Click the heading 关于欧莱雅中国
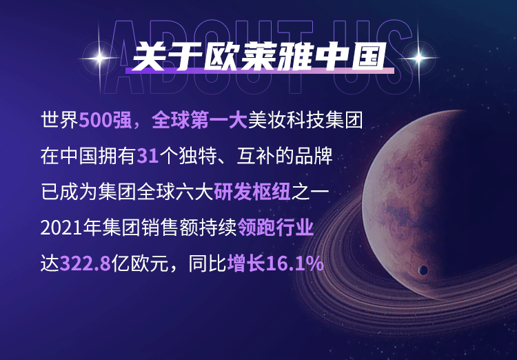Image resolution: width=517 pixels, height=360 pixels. [x=259, y=57]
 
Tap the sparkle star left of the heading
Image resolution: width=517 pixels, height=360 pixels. [x=99, y=59]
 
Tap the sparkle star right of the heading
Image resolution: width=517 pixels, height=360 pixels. [x=418, y=58]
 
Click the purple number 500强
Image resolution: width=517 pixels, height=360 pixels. [x=105, y=120]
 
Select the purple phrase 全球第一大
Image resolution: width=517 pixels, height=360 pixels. [x=199, y=120]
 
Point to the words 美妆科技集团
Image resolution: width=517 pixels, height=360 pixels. [x=305, y=120]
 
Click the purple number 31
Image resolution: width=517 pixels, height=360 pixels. [x=148, y=156]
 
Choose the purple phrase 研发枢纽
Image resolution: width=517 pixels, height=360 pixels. [x=252, y=192]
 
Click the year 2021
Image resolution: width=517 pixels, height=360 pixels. [x=61, y=228]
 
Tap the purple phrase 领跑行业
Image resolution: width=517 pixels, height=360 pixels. [x=275, y=228]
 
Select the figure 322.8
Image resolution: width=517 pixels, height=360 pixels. [x=85, y=264]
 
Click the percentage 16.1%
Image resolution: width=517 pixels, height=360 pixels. [x=295, y=264]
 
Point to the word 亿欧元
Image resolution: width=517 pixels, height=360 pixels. [x=140, y=263]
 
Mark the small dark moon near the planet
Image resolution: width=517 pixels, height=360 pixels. [x=423, y=270]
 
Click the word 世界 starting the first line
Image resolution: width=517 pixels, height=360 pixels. [x=60, y=120]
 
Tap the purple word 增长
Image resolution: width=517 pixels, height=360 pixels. [x=247, y=263]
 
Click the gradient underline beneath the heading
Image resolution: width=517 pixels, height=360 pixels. [x=259, y=71]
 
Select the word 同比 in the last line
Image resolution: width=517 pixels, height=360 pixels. [x=207, y=263]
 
